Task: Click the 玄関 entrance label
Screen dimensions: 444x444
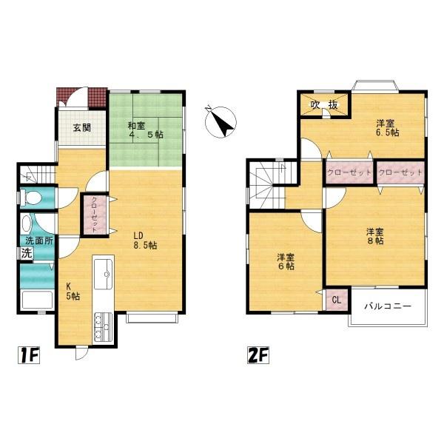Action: pyautogui.click(x=82, y=128)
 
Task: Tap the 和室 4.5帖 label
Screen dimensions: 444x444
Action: pyautogui.click(x=146, y=130)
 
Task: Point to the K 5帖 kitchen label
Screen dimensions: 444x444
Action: pyautogui.click(x=73, y=292)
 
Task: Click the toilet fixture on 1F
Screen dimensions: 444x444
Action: pyautogui.click(x=32, y=198)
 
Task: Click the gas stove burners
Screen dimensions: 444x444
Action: pyautogui.click(x=103, y=327)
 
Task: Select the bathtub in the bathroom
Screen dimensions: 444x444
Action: pyautogui.click(x=37, y=300)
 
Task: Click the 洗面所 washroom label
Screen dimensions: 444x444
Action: pyautogui.click(x=39, y=241)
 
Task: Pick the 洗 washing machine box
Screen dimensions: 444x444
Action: pyautogui.click(x=27, y=253)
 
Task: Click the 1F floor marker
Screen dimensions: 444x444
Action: pyautogui.click(x=29, y=354)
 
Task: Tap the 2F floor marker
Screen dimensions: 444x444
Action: pyautogui.click(x=258, y=354)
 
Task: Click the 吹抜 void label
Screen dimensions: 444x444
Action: pyautogui.click(x=325, y=105)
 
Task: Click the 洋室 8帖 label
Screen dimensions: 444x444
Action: pyautogui.click(x=375, y=237)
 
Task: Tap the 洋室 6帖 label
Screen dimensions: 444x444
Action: pyautogui.click(x=286, y=262)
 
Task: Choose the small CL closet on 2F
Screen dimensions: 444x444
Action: pyautogui.click(x=337, y=300)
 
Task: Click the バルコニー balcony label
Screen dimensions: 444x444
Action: pyautogui.click(x=388, y=306)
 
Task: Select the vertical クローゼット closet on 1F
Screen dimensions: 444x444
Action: pyautogui.click(x=95, y=215)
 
